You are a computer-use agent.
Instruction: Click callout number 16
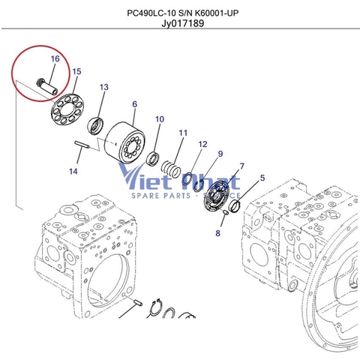pos(55,58)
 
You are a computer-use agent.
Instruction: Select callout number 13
pos(104,88)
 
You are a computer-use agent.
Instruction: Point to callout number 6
pos(134,104)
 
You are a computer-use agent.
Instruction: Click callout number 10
pos(160,119)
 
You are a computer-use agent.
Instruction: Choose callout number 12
pos(202,144)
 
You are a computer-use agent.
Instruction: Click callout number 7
pos(241,166)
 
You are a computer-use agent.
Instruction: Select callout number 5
pos(262,178)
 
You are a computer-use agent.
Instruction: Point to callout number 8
pos(218,234)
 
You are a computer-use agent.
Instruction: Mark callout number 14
pos(73,172)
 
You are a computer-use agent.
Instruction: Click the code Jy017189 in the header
pos(182,23)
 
